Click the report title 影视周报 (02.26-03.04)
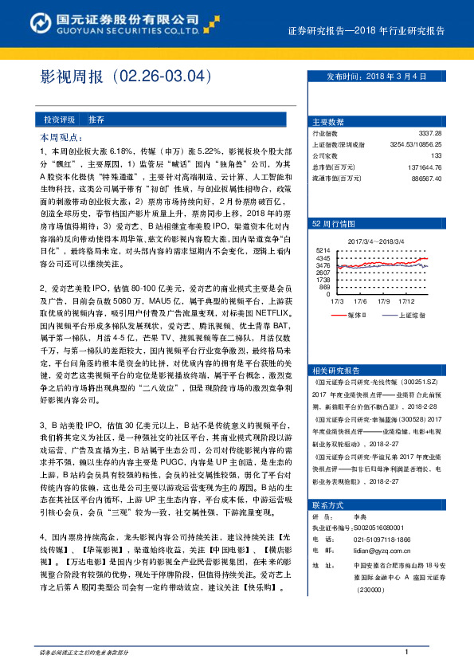[x=128, y=77]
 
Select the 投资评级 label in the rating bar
[x=58, y=120]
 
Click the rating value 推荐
[x=96, y=120]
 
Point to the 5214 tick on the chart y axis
[x=323, y=249]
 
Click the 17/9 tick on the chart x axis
[x=384, y=301]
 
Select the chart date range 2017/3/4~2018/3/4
[x=376, y=241]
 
